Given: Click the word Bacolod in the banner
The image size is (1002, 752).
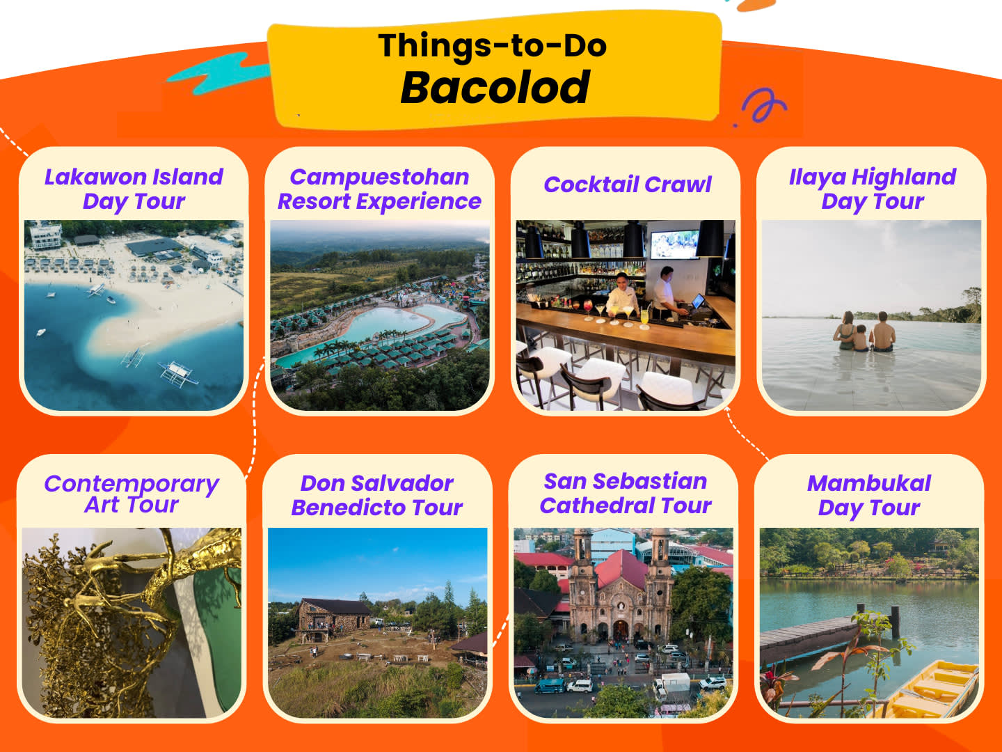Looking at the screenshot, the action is [x=495, y=87].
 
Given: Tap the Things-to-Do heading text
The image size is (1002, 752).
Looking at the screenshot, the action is [x=492, y=46].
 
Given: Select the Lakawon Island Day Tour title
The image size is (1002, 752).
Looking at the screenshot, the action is [x=134, y=189].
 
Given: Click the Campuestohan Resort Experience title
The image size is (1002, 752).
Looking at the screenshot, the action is [x=379, y=189].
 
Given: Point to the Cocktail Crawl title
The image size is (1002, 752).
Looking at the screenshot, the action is [x=628, y=185].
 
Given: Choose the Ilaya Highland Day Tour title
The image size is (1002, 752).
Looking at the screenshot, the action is [x=873, y=189].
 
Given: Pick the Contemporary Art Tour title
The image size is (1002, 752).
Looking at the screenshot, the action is [x=132, y=494].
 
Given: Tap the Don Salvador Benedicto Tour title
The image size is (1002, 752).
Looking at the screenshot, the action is [x=377, y=495].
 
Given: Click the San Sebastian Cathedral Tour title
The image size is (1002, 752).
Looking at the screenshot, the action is [x=626, y=494].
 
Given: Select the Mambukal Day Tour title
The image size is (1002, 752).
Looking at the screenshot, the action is [x=869, y=496].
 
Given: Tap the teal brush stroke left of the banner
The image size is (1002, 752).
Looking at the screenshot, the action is [x=219, y=73].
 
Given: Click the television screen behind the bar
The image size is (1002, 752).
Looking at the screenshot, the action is [x=675, y=244].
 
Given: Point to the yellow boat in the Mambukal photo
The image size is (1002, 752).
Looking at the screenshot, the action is [x=931, y=690].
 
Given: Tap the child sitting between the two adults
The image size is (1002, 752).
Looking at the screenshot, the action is [x=861, y=338].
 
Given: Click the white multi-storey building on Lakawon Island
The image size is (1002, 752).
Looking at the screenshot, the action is [x=45, y=235].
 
